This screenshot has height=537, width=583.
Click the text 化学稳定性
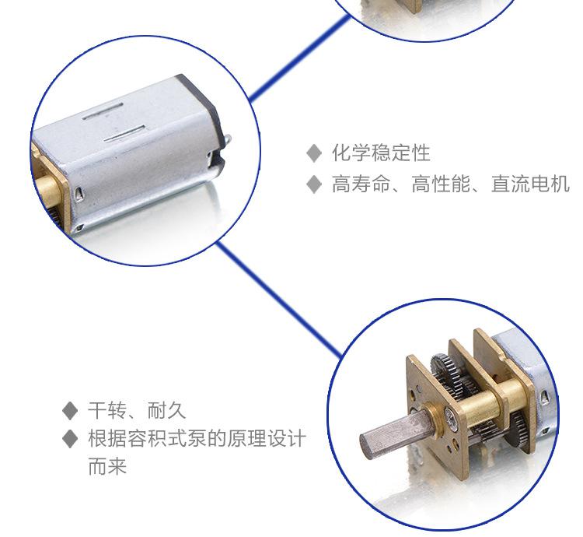381,153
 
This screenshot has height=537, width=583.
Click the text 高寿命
361,184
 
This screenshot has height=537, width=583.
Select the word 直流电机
530,184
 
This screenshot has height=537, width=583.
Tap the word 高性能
441,184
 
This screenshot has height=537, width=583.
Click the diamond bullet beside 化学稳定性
314,153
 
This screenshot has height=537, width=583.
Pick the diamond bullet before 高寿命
314,184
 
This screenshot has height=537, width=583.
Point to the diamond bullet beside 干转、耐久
70,411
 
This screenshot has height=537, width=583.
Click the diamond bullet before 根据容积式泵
70,438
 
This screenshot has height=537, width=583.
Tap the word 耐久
166,410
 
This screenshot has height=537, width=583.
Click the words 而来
107,466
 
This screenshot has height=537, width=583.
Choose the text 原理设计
267,438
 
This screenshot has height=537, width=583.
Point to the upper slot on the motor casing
103,111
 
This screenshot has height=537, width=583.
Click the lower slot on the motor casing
124,134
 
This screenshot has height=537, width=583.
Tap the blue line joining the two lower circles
278,299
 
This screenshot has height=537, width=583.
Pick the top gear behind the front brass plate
442,366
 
